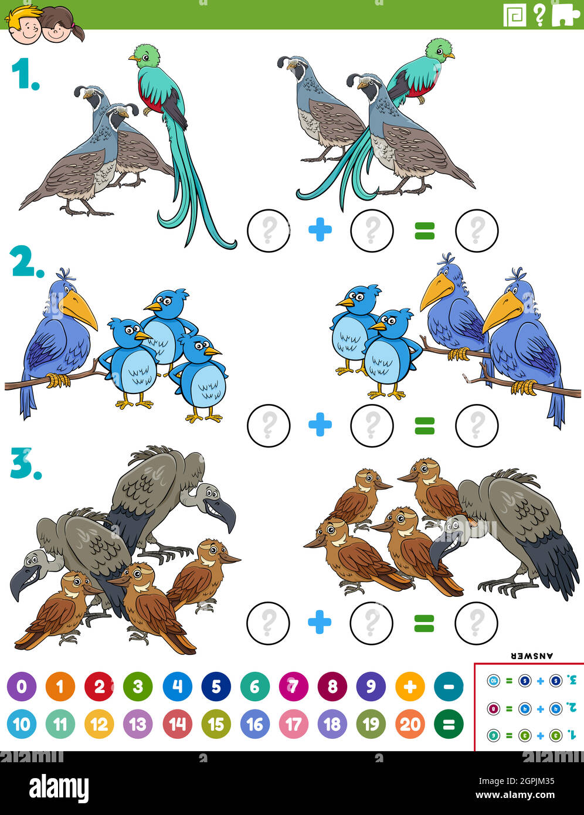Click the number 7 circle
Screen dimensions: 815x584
pos(293,686)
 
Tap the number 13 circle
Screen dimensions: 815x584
pos(138,725)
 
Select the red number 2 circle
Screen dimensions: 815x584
pos(99,686)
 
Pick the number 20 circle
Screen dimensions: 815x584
pos(410,725)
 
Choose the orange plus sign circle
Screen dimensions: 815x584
pos(410,686)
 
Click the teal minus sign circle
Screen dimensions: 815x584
pos(449,686)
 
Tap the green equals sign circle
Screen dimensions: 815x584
pos(449,725)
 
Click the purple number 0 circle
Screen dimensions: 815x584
pos(22,686)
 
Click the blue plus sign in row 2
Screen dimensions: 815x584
pos(320,425)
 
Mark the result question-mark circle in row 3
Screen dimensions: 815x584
pos(477,622)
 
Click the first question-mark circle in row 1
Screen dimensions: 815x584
pos(269,230)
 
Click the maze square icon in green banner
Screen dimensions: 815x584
pos(515,15)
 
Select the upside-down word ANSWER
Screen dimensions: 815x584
pos(532,656)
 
